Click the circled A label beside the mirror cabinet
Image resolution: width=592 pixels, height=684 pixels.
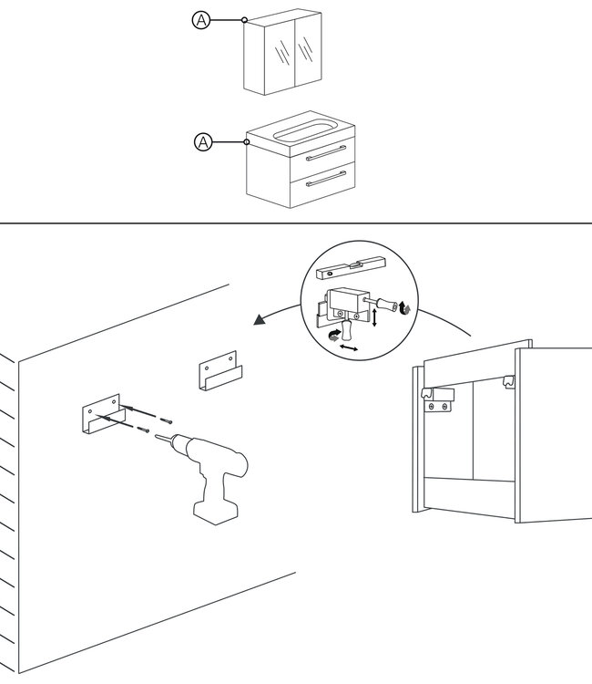(201, 20)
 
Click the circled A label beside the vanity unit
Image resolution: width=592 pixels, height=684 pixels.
(203, 142)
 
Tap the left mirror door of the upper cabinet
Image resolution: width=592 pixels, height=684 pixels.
(281, 52)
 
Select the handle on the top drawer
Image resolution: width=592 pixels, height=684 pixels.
(326, 153)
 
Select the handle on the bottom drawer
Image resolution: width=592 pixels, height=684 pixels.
(326, 179)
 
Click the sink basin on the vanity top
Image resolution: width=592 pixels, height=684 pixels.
(303, 130)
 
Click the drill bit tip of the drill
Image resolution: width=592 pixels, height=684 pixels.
(156, 435)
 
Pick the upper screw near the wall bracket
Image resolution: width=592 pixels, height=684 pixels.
(166, 421)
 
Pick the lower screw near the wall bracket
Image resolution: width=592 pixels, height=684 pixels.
(143, 430)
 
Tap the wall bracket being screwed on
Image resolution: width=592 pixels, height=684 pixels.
(103, 413)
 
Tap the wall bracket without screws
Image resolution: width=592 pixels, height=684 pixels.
(220, 371)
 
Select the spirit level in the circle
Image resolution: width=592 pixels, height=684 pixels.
(352, 267)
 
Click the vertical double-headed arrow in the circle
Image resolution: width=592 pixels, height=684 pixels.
(374, 317)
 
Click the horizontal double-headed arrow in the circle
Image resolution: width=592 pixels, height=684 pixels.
(349, 347)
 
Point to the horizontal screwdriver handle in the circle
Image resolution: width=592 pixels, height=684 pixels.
(387, 304)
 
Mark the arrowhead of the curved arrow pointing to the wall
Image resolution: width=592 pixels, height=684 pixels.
(260, 320)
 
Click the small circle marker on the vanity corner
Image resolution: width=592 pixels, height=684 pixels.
(247, 141)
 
